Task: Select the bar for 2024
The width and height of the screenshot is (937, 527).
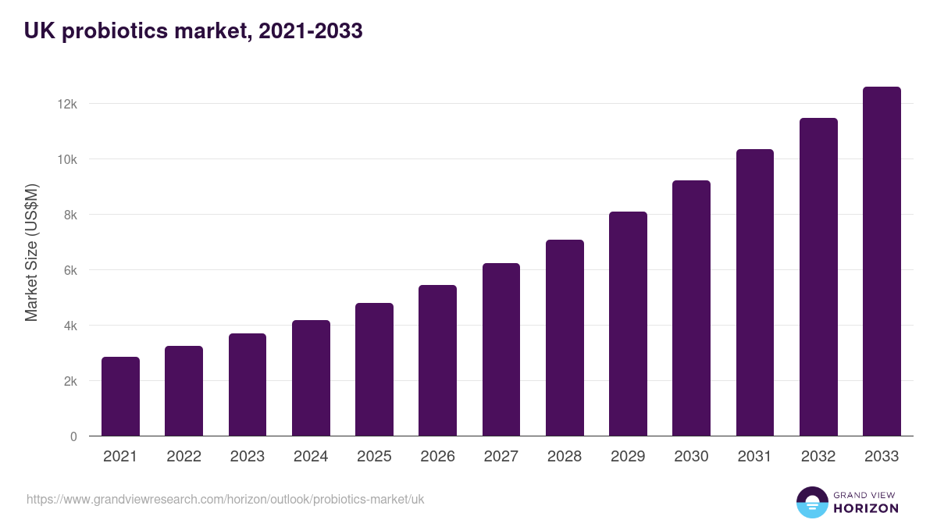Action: point(311,378)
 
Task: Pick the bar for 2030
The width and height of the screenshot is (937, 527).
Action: point(691,308)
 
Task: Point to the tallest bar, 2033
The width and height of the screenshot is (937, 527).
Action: point(882,262)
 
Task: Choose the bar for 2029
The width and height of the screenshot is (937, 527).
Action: point(628,324)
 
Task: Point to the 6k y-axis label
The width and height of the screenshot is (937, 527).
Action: point(68,270)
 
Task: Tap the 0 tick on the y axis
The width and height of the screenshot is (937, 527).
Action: point(73,436)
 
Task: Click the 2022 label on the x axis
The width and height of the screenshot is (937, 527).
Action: point(183,457)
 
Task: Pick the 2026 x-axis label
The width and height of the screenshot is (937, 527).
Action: point(437,457)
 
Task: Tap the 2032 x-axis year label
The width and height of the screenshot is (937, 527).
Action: point(818,457)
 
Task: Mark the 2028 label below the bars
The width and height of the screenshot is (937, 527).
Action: point(565,457)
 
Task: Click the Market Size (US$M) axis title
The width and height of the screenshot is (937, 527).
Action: point(31,251)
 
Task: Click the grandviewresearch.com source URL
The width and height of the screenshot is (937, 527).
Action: point(226,499)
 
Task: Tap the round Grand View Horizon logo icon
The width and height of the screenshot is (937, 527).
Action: point(811,502)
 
